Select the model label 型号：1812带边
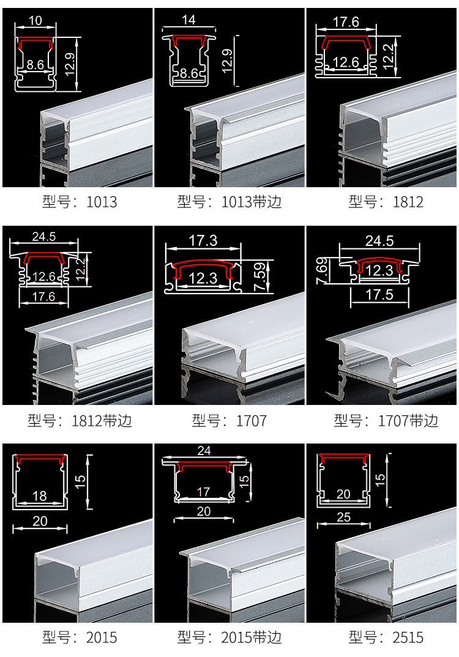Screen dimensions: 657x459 pos(80,421)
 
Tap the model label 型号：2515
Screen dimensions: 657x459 pos(386,637)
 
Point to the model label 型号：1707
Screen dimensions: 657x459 pos(229,421)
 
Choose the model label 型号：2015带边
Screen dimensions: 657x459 pos(229,637)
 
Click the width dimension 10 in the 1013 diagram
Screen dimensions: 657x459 pos(35,20)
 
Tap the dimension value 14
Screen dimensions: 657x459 pos(188,20)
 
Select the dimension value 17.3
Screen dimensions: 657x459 pos(203,240)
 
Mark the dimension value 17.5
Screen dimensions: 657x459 pos(379,294)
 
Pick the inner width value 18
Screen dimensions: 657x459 pos(39,496)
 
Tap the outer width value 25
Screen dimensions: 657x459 pos(344,517)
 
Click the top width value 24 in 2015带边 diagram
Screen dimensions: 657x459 pos(204,451)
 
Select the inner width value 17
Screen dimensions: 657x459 pos(204,492)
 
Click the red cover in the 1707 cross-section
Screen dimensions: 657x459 pos(203,266)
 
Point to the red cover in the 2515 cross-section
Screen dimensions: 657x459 pos(345,458)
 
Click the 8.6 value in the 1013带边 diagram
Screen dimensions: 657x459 pos(188,74)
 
